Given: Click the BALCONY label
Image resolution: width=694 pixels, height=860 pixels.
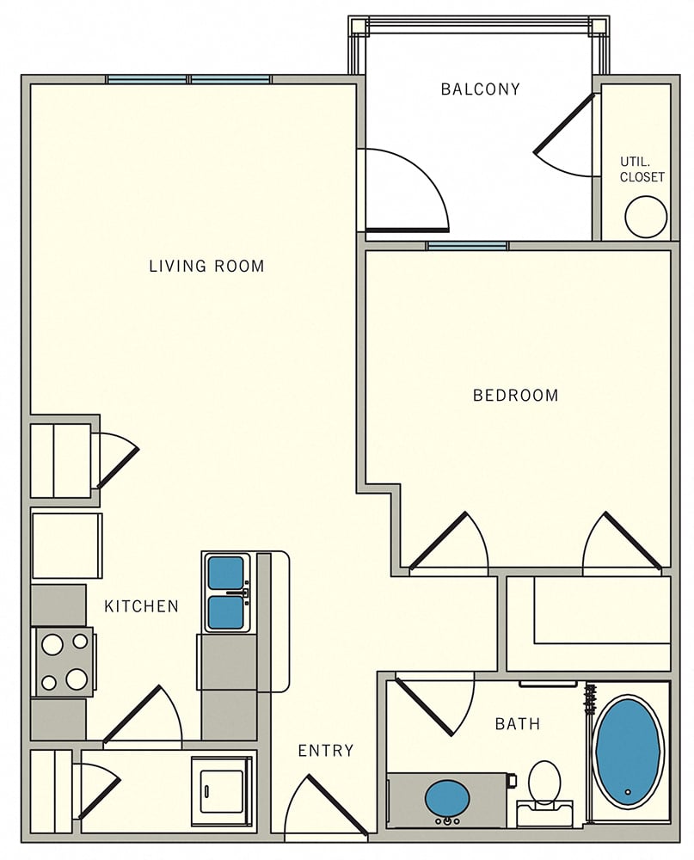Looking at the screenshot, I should click(480, 89).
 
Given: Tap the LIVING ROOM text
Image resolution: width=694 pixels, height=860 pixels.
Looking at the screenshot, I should click(206, 266).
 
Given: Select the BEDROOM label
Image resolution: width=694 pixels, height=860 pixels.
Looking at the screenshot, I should click(515, 396).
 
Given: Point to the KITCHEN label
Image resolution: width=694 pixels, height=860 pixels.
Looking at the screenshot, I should click(141, 606).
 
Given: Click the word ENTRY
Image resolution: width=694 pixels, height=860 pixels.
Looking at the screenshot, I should click(325, 751).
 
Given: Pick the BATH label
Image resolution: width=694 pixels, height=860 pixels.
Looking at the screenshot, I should click(518, 724).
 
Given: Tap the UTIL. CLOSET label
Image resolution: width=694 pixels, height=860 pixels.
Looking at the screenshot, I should click(642, 169).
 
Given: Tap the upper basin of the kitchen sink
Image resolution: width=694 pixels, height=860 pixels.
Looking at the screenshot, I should click(226, 573).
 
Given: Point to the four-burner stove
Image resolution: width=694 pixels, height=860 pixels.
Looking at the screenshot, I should click(64, 661).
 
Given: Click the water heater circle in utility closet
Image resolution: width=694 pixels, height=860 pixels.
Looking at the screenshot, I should click(646, 217).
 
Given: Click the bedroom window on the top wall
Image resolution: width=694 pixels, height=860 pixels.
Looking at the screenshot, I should click(467, 246).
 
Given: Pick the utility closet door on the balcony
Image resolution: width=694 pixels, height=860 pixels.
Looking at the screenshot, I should click(564, 138).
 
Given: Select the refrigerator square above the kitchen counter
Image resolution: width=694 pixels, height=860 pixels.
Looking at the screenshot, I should click(66, 546).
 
